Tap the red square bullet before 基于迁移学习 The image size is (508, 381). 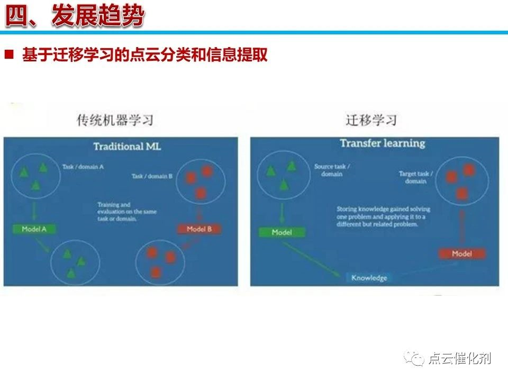9,55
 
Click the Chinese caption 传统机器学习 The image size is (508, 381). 115,120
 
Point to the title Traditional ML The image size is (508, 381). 127,147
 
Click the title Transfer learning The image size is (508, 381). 382,143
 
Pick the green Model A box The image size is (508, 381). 34,229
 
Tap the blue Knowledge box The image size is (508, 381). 369,278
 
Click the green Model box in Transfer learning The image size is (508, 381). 282,232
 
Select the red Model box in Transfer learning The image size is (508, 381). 461,254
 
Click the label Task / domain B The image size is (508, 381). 152,176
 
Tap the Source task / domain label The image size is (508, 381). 332,170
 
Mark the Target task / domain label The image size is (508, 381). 416,177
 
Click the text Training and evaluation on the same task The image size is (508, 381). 127,211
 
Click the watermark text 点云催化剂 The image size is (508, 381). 459,359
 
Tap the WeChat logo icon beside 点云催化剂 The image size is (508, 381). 415,359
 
